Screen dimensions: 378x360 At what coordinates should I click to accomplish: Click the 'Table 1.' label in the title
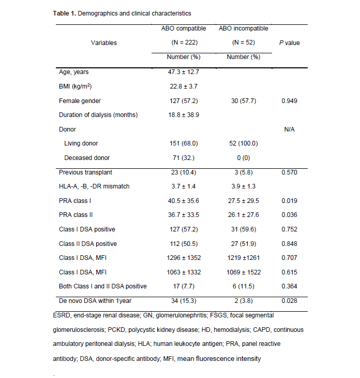pyautogui.click(x=65, y=13)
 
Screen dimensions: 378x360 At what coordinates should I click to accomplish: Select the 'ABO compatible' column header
pyautogui.click(x=184, y=28)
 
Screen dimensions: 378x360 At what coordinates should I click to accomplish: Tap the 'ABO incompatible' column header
pyautogui.click(x=244, y=28)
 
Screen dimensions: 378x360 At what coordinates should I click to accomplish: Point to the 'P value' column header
pyautogui.click(x=289, y=43)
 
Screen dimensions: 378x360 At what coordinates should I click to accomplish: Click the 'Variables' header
pyautogui.click(x=104, y=43)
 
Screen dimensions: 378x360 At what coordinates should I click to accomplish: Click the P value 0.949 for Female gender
pyautogui.click(x=289, y=100)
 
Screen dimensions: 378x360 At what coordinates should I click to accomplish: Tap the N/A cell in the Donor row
pyautogui.click(x=289, y=129)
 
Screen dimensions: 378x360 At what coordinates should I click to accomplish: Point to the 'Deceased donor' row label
pyautogui.click(x=87, y=157)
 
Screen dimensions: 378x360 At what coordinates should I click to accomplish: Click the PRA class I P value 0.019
pyautogui.click(x=289, y=200)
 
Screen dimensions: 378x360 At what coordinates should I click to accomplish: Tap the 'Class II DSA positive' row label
pyautogui.click(x=88, y=243)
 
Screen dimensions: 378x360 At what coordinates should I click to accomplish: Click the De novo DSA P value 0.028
pyautogui.click(x=289, y=300)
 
